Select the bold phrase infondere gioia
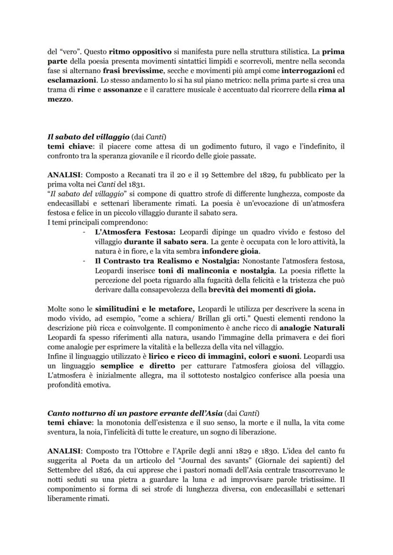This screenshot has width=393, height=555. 230,251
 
